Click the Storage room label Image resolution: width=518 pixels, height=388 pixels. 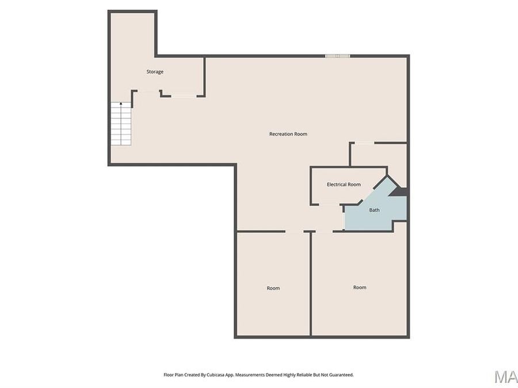155,72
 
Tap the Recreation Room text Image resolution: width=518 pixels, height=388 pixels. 288,134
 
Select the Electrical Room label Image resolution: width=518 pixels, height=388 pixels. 344,185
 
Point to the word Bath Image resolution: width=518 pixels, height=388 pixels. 374,210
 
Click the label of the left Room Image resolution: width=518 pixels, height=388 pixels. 273,288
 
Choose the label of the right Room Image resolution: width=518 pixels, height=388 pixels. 360,287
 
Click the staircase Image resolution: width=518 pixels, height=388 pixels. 121,124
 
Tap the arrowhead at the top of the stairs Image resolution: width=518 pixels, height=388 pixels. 121,104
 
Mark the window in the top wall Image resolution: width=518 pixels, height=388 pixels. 338,56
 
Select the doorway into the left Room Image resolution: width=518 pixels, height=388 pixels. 294,232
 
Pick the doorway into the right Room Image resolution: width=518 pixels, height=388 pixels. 324,232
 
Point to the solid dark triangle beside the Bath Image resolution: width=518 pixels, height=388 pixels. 401,192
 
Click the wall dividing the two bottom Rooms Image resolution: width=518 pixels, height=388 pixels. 311,285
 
